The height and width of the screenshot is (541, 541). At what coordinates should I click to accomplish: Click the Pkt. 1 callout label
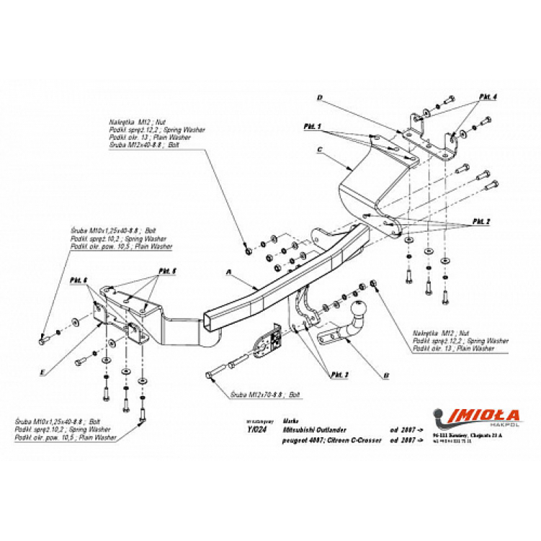[312, 126]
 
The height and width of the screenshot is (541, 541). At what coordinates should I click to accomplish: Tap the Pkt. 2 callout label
[481, 220]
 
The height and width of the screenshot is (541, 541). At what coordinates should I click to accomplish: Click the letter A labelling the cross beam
[228, 273]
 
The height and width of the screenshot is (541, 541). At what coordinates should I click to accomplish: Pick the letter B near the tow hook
[386, 375]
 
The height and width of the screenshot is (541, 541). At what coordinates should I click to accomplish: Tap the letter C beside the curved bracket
[318, 151]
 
